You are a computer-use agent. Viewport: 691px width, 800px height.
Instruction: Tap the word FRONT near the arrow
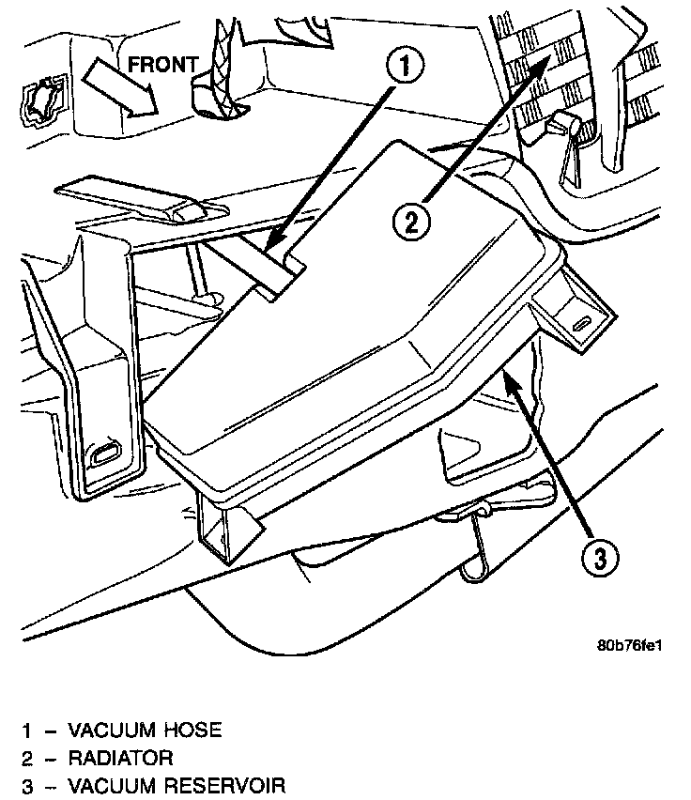(x=161, y=65)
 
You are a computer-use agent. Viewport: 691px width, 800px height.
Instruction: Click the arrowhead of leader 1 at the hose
(x=273, y=250)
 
